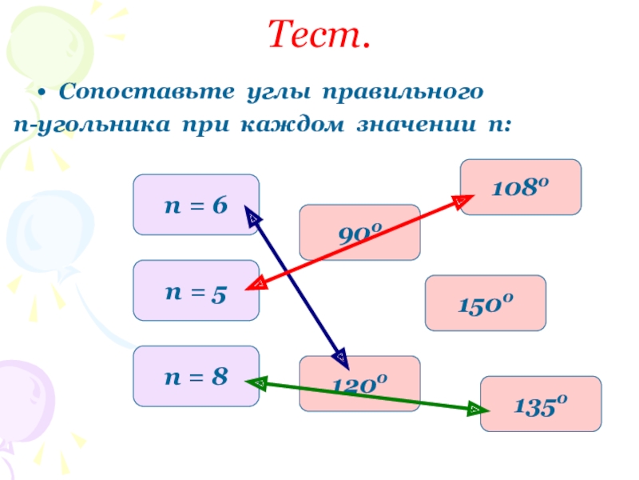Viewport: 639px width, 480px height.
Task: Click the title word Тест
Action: (x=319, y=35)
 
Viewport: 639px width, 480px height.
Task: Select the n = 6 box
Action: (x=196, y=205)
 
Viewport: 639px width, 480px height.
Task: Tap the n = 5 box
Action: (x=196, y=290)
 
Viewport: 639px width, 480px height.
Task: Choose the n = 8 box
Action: (x=196, y=376)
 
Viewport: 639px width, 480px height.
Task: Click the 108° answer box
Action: (x=521, y=187)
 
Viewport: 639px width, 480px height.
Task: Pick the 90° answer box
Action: (x=359, y=232)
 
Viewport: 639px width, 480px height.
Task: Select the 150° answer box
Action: (x=485, y=303)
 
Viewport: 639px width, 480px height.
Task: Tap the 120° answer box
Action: (x=359, y=384)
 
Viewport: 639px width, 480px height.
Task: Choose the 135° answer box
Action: (x=540, y=403)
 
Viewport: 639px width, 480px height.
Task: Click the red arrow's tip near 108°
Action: (x=462, y=201)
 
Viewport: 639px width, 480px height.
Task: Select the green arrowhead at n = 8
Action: (x=257, y=383)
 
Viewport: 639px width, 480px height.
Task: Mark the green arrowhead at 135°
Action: (x=475, y=411)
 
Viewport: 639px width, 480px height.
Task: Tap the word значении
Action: (x=415, y=126)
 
